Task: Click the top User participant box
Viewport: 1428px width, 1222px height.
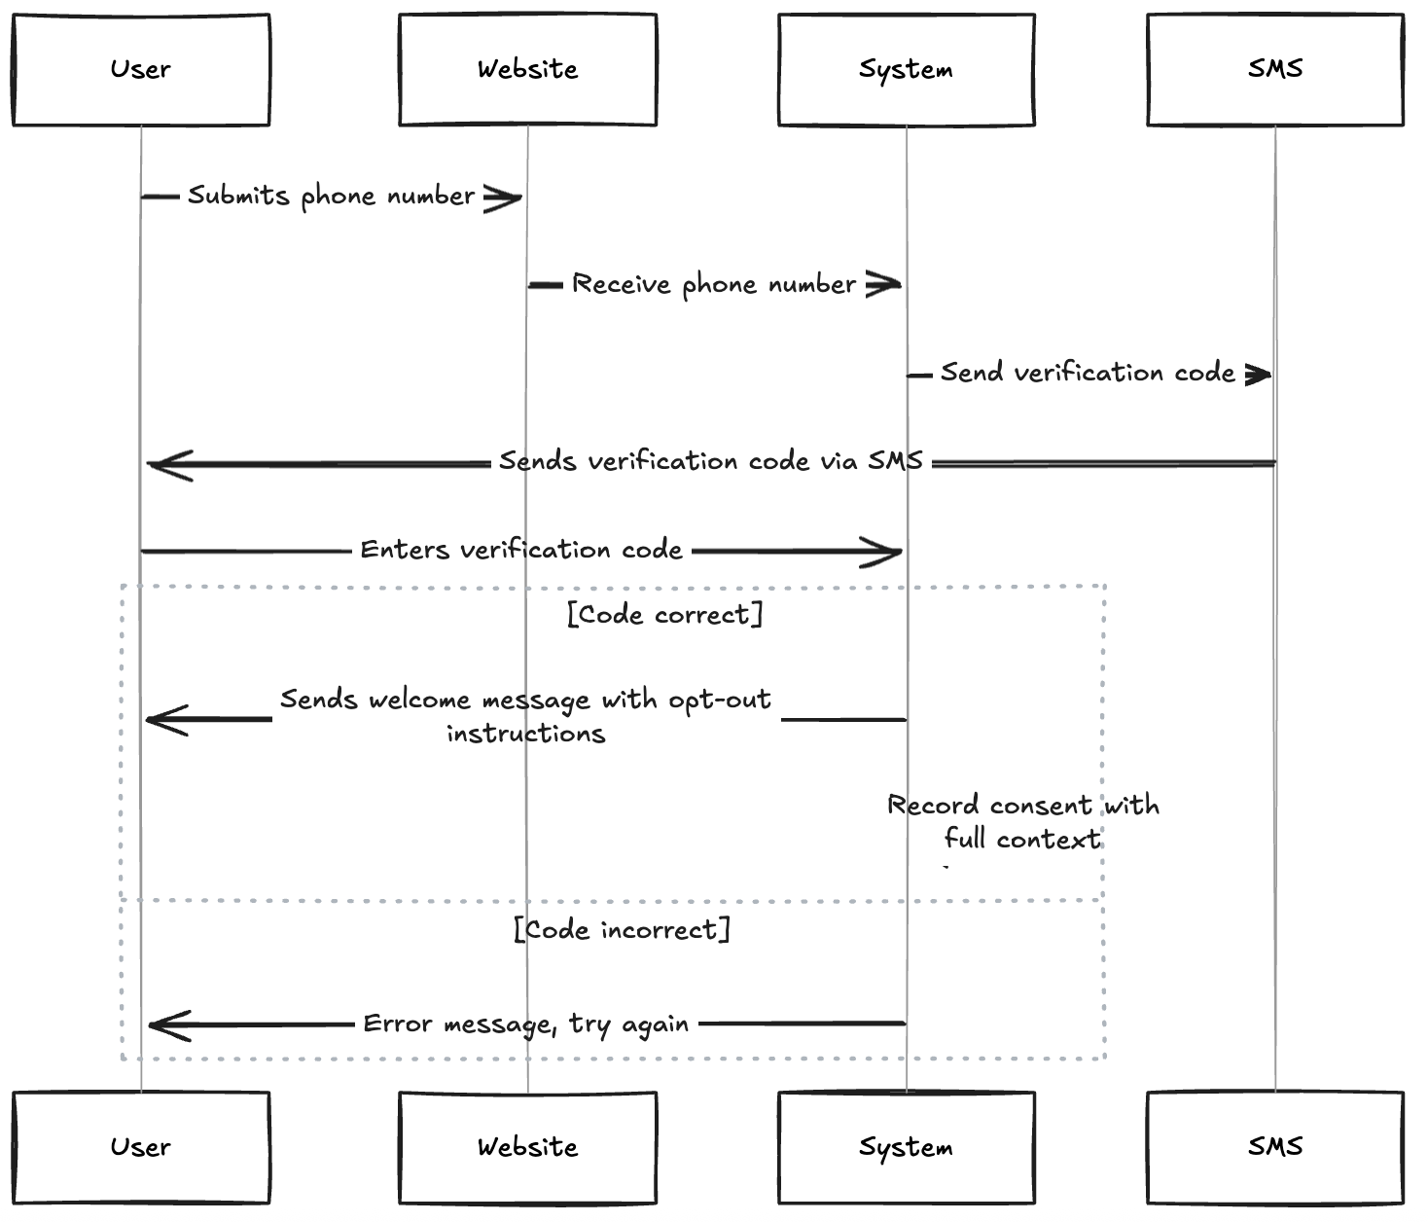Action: tap(141, 69)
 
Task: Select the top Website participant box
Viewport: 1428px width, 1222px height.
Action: tap(527, 69)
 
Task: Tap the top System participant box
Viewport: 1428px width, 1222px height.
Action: tap(906, 69)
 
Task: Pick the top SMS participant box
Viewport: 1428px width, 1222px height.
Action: tap(1275, 69)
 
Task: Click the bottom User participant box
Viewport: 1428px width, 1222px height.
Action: tap(141, 1147)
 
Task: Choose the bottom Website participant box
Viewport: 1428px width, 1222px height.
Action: tap(527, 1147)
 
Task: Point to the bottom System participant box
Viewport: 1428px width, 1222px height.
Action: tap(906, 1147)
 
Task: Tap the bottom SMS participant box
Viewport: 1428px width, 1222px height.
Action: tap(1275, 1147)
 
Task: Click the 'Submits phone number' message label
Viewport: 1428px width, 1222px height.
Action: tap(331, 197)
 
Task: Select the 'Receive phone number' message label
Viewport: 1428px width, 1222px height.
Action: tap(714, 285)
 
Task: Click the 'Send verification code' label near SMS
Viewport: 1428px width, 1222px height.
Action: tap(1088, 374)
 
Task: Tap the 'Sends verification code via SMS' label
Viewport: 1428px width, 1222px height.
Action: tap(710, 462)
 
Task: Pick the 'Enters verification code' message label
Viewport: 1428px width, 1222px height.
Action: tap(521, 551)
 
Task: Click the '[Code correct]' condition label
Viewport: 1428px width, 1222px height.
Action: tap(665, 615)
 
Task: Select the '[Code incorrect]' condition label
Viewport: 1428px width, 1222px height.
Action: tap(623, 930)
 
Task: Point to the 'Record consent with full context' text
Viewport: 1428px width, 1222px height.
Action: tap(1022, 822)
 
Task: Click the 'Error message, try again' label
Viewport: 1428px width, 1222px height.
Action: tap(525, 1024)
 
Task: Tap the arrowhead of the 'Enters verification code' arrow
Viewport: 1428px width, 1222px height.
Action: tap(887, 552)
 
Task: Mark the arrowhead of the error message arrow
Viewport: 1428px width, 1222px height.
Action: tap(165, 1024)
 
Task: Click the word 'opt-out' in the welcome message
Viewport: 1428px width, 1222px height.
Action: tap(720, 701)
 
